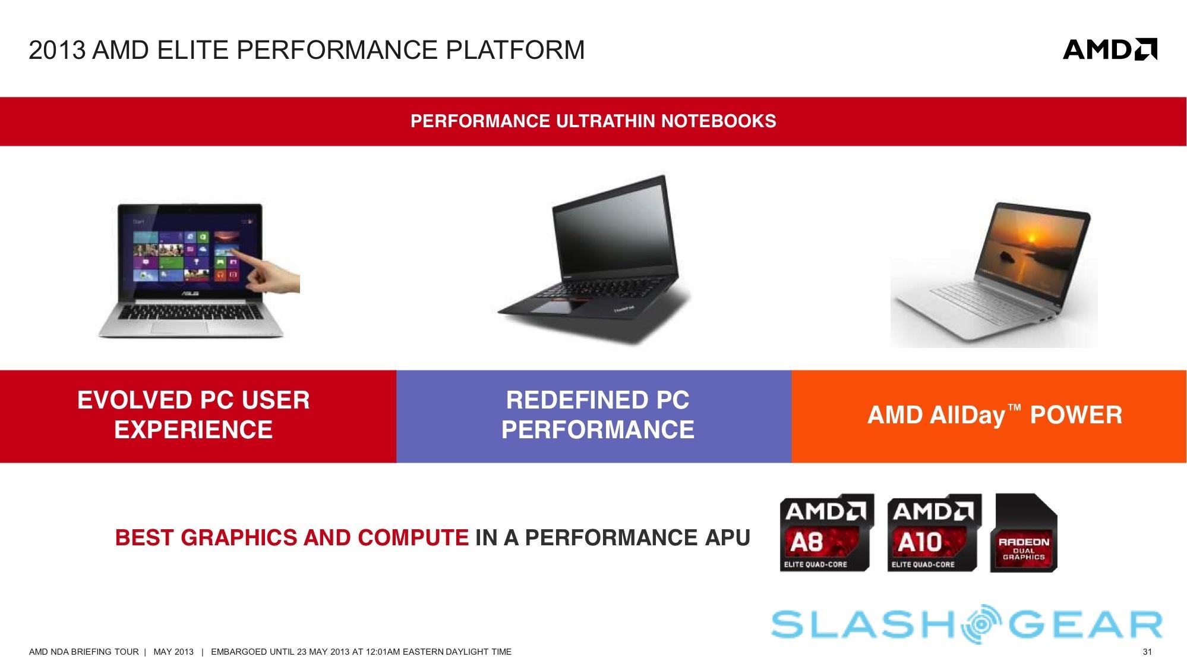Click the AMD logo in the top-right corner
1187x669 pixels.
click(1110, 50)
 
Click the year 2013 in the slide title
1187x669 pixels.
click(57, 50)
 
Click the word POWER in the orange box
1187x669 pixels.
click(1076, 415)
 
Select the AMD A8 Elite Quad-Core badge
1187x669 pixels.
click(826, 532)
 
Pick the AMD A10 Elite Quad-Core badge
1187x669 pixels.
click(934, 532)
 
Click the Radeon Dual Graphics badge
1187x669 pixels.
click(1024, 532)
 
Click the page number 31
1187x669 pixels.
click(1147, 652)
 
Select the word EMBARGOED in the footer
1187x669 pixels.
click(239, 652)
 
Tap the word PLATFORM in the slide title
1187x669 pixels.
click(515, 50)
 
